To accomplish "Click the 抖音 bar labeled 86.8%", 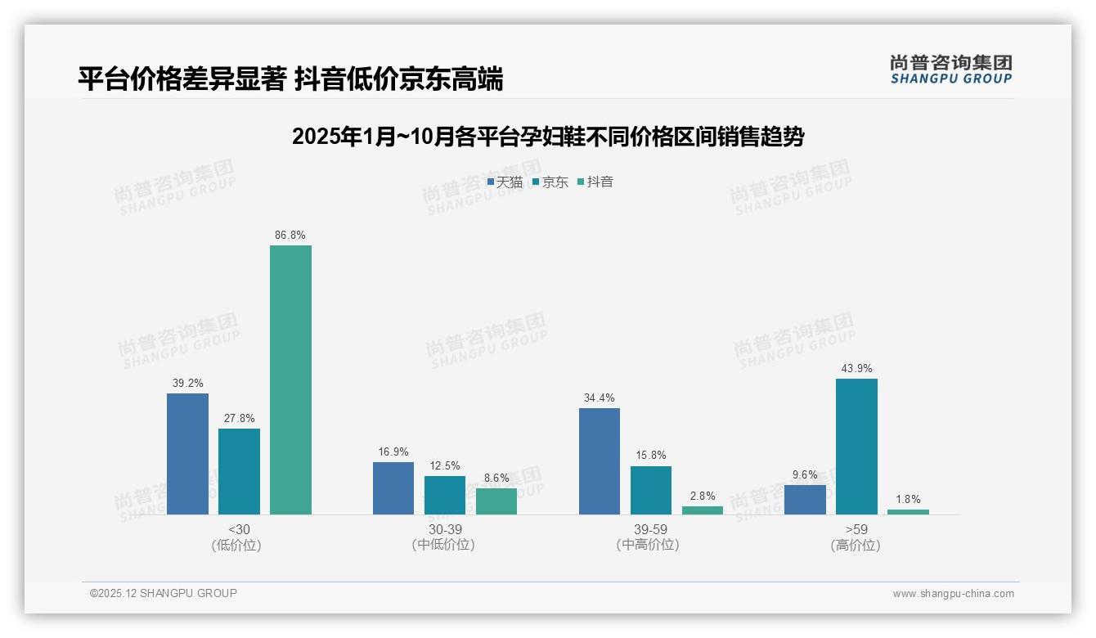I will pyautogui.click(x=290, y=380).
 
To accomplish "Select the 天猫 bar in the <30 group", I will pyautogui.click(x=187, y=454).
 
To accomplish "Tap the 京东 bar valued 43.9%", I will pyautogui.click(x=856, y=447).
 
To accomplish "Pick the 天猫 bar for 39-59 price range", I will pyautogui.click(x=600, y=461).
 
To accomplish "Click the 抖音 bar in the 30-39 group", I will pyautogui.click(x=496, y=501).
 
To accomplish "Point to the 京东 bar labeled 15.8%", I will pyautogui.click(x=651, y=490).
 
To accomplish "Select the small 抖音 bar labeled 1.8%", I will pyautogui.click(x=908, y=512).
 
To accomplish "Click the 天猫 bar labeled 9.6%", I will pyautogui.click(x=805, y=500).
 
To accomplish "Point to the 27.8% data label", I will pyautogui.click(x=239, y=418).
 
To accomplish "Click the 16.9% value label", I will pyautogui.click(x=393, y=452).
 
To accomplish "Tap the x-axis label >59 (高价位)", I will pyautogui.click(x=856, y=537).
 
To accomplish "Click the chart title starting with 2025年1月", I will pyautogui.click(x=547, y=137).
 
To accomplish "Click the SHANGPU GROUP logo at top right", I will pyautogui.click(x=950, y=69).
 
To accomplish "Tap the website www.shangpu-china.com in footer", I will pyautogui.click(x=953, y=594).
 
